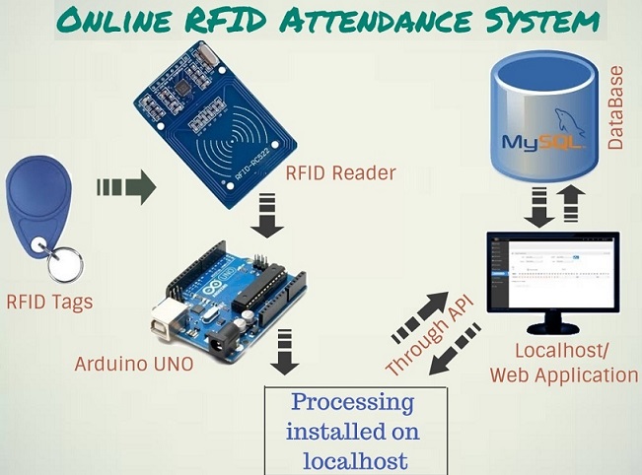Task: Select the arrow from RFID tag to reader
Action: pos(126,185)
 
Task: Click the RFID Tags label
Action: pos(49,302)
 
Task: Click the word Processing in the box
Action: pos(352,403)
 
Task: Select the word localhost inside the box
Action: pos(352,460)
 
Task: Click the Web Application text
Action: pos(563,374)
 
